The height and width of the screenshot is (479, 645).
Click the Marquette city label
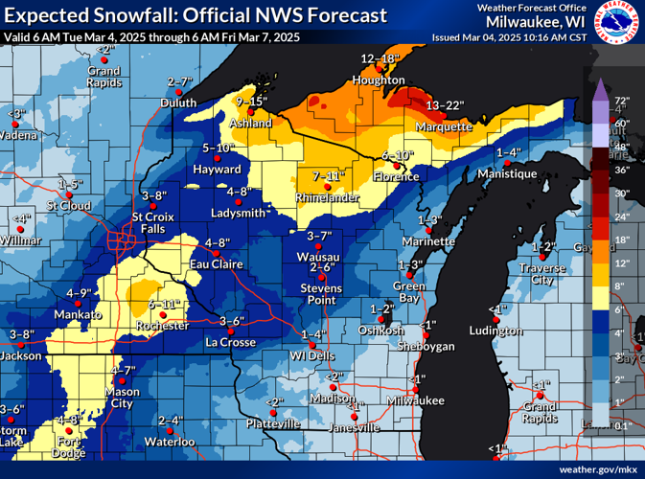pos(445,126)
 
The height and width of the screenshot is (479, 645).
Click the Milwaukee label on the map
pos(415,399)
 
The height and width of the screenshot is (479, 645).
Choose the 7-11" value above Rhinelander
pos(328,176)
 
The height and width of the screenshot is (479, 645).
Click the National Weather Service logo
pos(619,24)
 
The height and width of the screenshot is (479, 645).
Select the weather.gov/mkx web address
pos(598,469)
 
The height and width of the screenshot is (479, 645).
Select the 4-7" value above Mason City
pos(122,370)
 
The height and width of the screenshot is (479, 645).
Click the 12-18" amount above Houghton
pos(380,58)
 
